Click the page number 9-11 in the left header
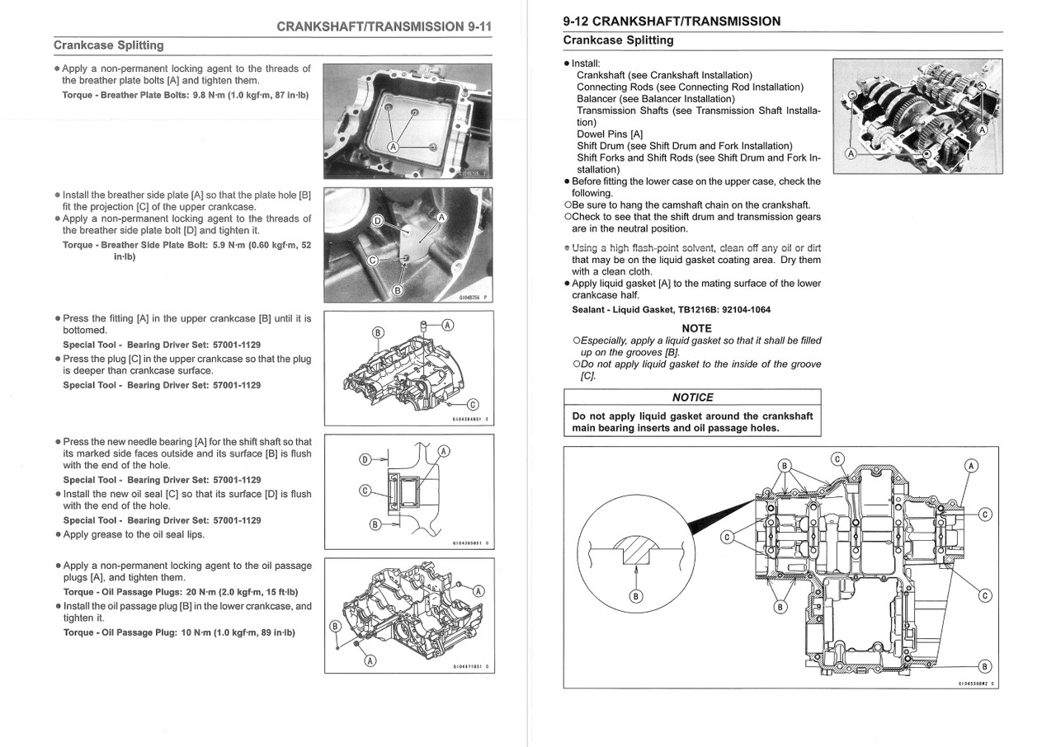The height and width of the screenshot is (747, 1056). pos(475,26)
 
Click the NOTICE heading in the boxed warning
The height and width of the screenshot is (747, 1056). pos(692,397)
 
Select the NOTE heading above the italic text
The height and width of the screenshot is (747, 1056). pos(696,328)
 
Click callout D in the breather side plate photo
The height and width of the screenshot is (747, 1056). pos(377,221)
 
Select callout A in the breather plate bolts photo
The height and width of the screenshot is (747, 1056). pos(394,147)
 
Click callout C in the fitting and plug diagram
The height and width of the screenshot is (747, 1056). pos(472,404)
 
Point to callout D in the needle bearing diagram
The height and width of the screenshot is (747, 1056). pos(365,460)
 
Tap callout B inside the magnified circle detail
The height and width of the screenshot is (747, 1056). pos(634,596)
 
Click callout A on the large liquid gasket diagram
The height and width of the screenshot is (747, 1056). pos(971,466)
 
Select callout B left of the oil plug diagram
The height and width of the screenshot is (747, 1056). pos(335,627)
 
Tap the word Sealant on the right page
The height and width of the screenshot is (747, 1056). pos(591,310)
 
